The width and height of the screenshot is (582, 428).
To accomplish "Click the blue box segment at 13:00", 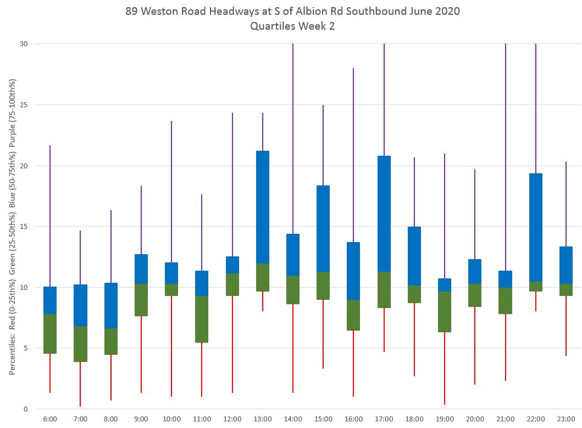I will (263, 207).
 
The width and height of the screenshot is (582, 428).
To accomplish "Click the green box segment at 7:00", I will (80, 344).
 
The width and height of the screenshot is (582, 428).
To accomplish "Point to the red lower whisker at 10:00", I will (171, 346).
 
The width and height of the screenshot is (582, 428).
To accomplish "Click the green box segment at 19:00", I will (445, 311).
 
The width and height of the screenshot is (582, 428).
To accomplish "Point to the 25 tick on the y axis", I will (25, 105).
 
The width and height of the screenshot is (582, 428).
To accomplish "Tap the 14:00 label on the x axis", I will (293, 419).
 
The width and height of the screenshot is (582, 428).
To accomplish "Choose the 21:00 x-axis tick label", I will (506, 419).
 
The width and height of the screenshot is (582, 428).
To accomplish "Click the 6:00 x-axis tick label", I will (50, 419).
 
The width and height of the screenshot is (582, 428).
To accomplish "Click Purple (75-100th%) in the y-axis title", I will (12, 116).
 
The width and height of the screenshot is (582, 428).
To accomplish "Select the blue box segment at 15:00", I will (323, 228).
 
